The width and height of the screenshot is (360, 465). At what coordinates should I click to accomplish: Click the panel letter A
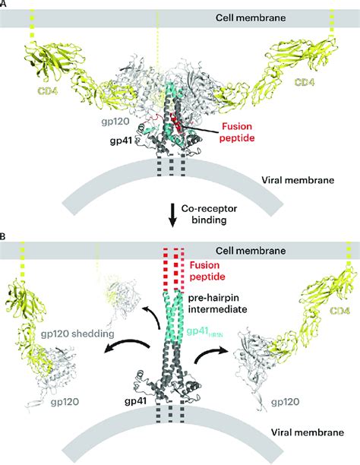coord(5,5)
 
